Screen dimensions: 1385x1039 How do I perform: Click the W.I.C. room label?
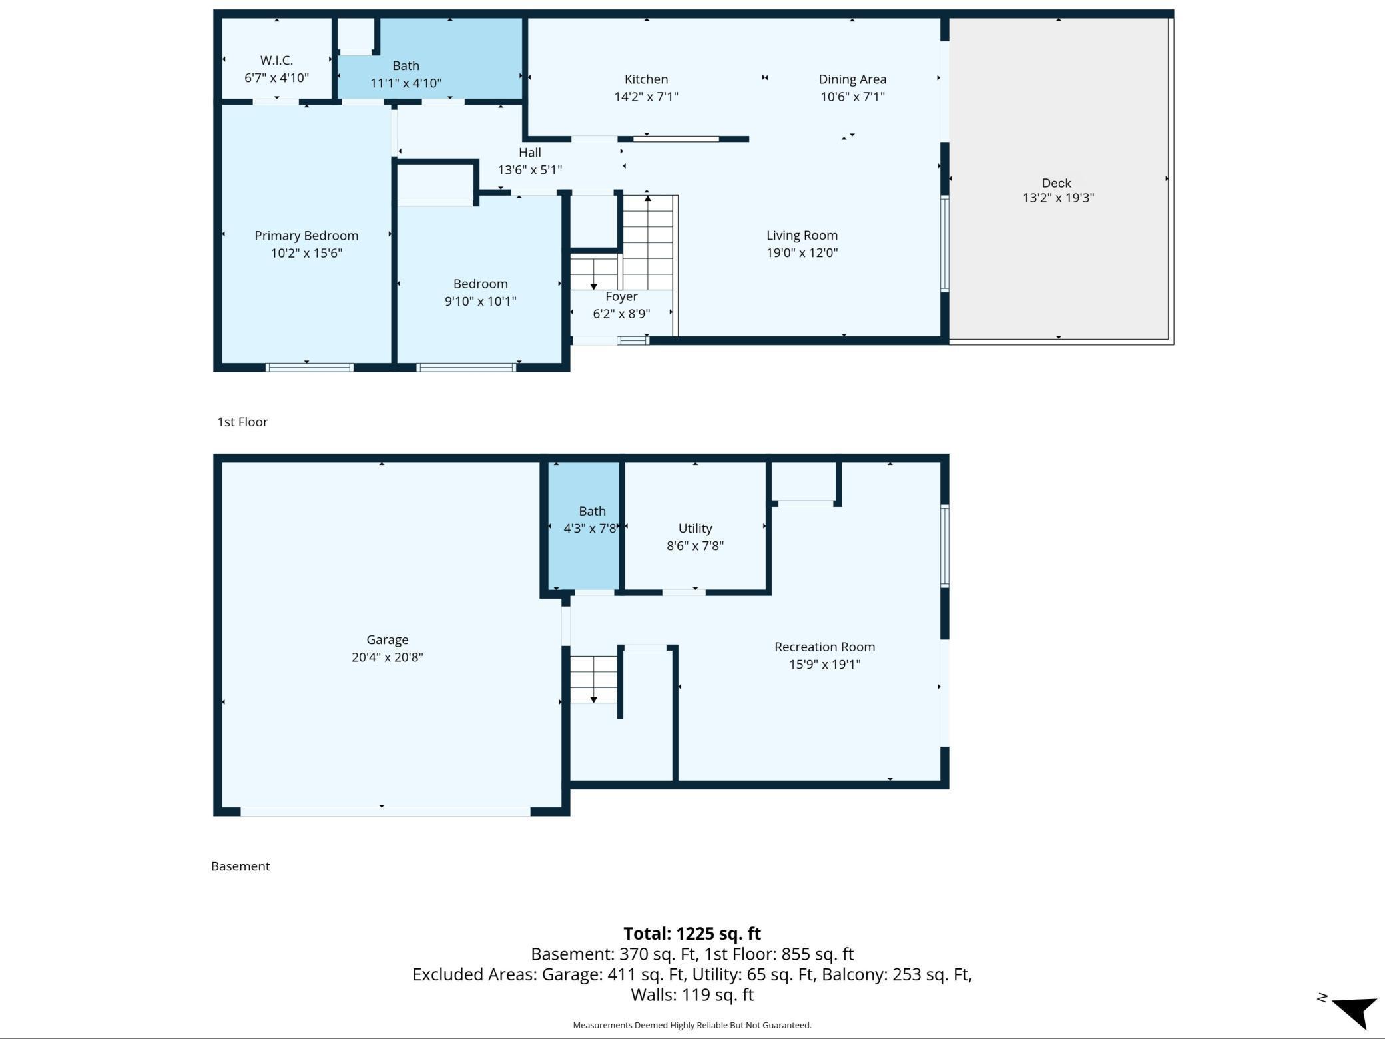click(276, 60)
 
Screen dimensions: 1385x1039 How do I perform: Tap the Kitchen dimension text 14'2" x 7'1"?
click(646, 97)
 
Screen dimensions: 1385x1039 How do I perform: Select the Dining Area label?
click(852, 79)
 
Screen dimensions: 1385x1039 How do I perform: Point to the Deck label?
click(1056, 182)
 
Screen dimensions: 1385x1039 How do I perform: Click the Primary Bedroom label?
click(306, 236)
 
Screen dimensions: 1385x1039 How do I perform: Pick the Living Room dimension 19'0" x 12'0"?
click(802, 253)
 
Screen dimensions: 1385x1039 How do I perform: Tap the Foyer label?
click(621, 297)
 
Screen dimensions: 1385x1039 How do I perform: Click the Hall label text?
click(530, 153)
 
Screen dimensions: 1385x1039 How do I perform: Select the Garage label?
click(387, 640)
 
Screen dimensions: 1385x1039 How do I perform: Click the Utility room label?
click(695, 529)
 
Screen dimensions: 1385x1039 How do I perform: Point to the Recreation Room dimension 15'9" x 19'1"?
click(824, 664)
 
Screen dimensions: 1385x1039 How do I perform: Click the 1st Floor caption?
click(242, 422)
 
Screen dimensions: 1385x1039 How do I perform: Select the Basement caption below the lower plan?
click(240, 866)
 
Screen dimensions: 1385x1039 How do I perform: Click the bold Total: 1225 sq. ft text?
click(692, 934)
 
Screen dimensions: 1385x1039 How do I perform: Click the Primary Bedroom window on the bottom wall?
click(309, 368)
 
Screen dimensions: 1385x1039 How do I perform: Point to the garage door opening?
click(385, 811)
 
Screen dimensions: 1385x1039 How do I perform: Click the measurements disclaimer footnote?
click(692, 1025)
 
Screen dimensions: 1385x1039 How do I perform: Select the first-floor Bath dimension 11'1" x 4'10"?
click(406, 83)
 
